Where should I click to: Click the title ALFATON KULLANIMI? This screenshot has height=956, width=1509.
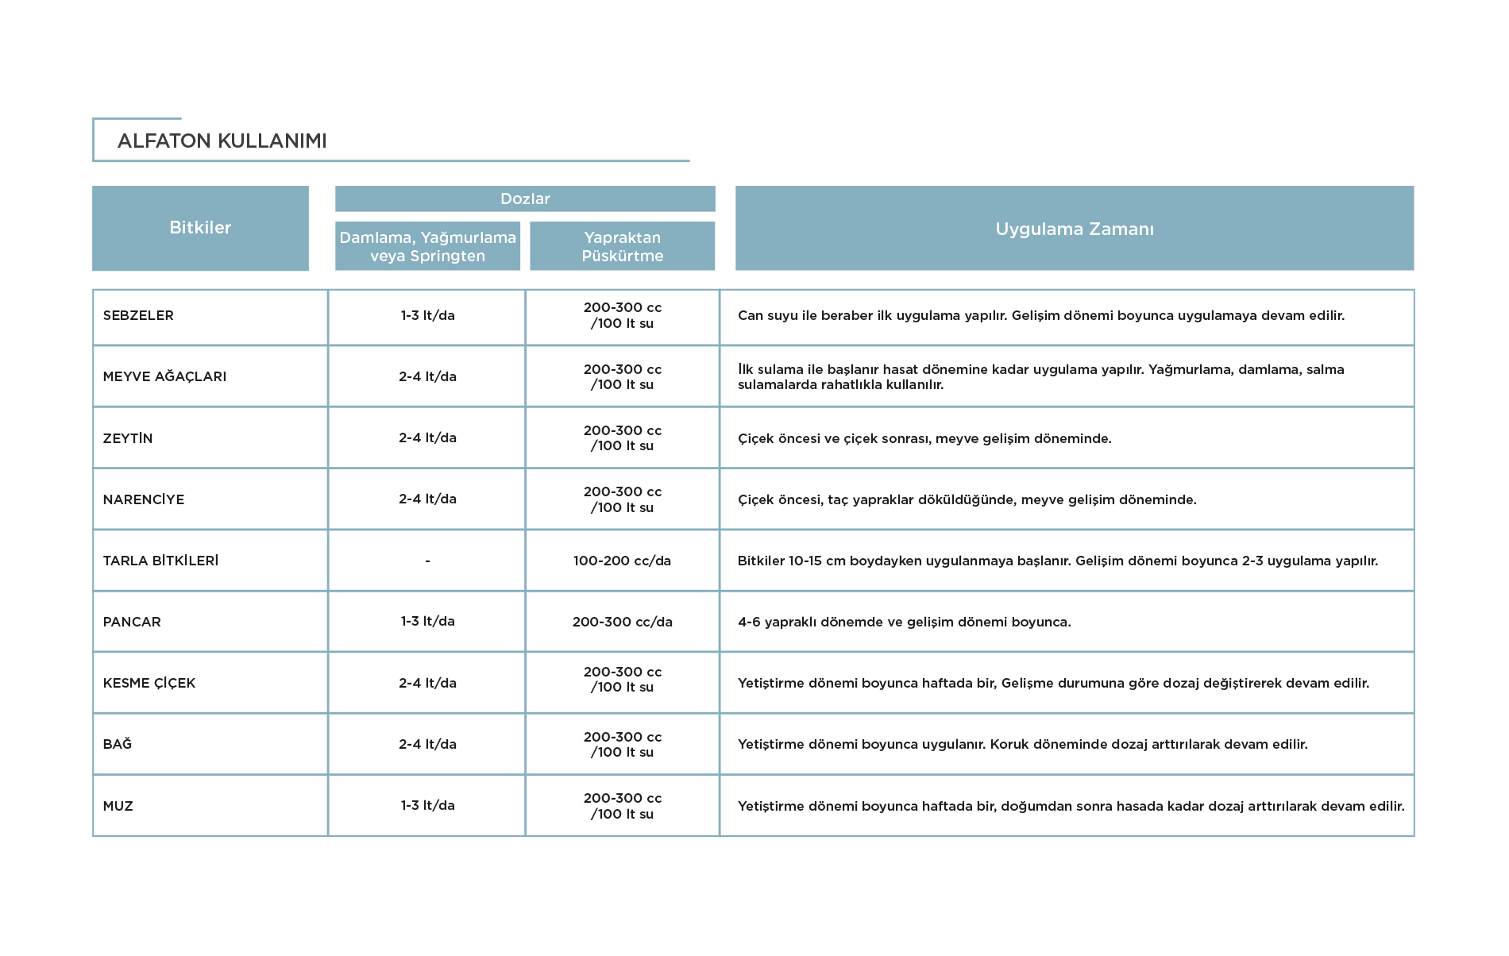tap(222, 141)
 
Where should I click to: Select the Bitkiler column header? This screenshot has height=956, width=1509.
tap(200, 228)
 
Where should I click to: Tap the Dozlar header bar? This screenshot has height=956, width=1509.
tap(525, 199)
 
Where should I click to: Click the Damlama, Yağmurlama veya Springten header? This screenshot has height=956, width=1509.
tap(427, 246)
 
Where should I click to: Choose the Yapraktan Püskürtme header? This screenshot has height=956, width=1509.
tap(623, 246)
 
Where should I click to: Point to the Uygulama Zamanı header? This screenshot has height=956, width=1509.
tap(1075, 229)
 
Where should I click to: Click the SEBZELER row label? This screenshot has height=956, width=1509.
tap(138, 315)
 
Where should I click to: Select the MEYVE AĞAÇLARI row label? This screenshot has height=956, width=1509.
tap(164, 376)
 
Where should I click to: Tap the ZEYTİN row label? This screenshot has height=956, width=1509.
tap(128, 438)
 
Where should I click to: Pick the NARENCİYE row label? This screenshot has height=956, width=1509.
tap(144, 499)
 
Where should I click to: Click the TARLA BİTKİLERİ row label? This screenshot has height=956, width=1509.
tap(160, 561)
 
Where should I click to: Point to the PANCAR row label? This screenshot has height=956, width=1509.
tap(132, 622)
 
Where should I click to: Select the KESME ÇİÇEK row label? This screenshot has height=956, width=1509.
tap(149, 683)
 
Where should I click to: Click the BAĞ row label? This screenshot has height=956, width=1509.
tap(118, 744)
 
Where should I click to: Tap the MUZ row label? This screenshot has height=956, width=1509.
tap(118, 806)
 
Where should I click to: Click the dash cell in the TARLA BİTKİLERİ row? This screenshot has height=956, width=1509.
tap(427, 561)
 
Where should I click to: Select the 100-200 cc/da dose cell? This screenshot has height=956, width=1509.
tap(623, 561)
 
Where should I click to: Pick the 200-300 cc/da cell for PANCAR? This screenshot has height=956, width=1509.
tap(623, 622)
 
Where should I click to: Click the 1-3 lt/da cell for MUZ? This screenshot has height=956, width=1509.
tap(427, 805)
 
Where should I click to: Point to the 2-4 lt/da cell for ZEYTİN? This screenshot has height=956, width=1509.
tap(427, 438)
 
